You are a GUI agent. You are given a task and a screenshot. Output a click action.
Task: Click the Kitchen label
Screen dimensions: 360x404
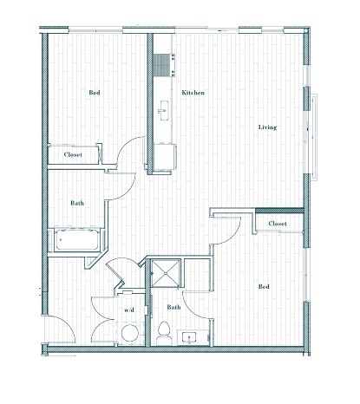pyautogui.click(x=193, y=93)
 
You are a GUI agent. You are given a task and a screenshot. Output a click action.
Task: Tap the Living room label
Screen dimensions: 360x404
pyautogui.click(x=267, y=127)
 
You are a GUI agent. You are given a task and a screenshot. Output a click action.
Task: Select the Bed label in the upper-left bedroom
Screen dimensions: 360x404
pyautogui.click(x=95, y=93)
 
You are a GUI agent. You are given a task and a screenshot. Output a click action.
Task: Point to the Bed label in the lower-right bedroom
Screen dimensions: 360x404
pyautogui.click(x=264, y=287)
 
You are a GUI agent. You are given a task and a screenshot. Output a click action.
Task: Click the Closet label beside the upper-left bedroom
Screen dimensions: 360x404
pyautogui.click(x=73, y=154)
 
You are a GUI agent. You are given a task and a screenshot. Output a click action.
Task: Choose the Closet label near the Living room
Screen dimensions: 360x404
pyautogui.click(x=278, y=224)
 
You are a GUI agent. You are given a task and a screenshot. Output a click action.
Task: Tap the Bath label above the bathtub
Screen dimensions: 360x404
pyautogui.click(x=77, y=203)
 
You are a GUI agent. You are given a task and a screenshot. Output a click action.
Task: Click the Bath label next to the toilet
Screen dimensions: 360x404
pyautogui.click(x=173, y=307)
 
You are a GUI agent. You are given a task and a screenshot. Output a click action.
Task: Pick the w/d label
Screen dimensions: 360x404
pyautogui.click(x=129, y=310)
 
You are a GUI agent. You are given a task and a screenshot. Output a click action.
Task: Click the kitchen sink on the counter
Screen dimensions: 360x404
pyautogui.click(x=164, y=110)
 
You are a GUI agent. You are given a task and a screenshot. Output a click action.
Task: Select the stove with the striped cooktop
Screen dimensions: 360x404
pyautogui.click(x=164, y=66)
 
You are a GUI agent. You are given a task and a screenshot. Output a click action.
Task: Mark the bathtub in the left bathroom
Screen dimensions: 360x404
pyautogui.click(x=77, y=240)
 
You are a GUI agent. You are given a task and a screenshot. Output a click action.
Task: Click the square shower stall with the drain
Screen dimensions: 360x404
pyautogui.click(x=166, y=273)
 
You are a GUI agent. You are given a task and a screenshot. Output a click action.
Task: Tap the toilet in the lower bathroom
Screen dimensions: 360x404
pyautogui.click(x=164, y=333)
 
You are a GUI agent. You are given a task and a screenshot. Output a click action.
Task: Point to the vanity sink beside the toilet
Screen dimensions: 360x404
pyautogui.click(x=189, y=337)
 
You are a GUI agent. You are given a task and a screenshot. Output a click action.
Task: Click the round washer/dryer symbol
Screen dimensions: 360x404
pyautogui.click(x=130, y=333)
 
